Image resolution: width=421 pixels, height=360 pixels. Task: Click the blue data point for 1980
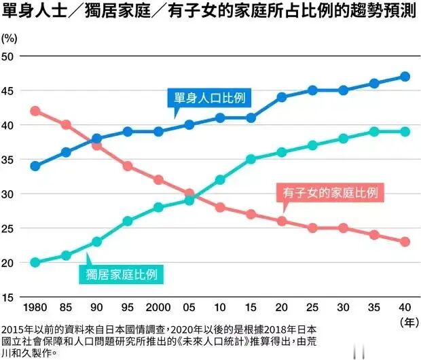pos(35,166)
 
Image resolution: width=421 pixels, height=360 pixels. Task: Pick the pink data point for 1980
pos(35,111)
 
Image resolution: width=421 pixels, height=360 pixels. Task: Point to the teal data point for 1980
pos(35,262)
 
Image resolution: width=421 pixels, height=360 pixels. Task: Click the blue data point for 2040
pos(405,77)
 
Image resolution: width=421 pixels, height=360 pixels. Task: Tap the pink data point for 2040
pos(405,241)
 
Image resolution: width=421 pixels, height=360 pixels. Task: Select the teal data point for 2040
pos(405,132)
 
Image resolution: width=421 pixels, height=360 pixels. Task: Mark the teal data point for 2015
pos(251,159)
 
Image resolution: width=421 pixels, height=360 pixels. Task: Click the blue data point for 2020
pos(281,97)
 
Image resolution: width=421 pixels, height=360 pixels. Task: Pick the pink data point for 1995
pos(128,166)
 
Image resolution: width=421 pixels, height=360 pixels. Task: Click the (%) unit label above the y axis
pos(11,37)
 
